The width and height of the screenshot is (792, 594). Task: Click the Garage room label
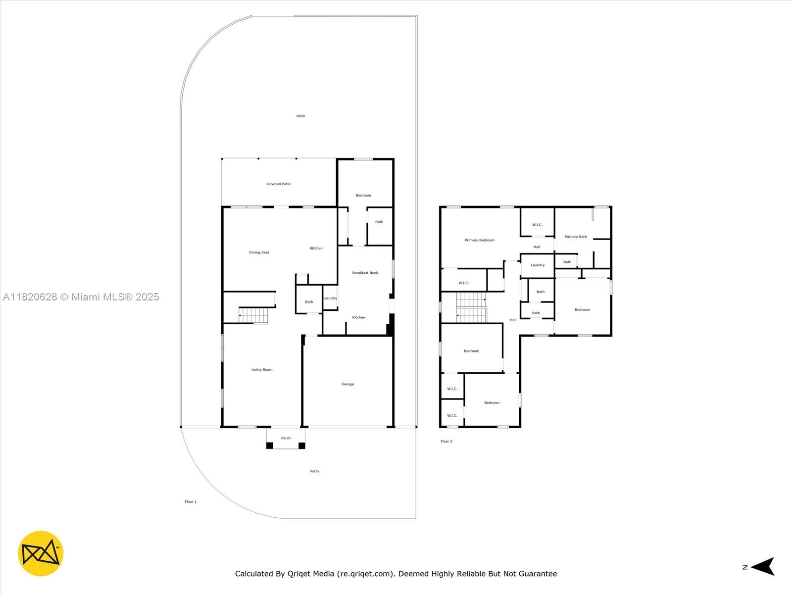(x=347, y=384)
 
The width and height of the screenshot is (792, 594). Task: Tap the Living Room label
(x=261, y=370)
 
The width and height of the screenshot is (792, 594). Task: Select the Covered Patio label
(x=279, y=184)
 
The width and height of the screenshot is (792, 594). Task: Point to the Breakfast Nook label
(x=365, y=273)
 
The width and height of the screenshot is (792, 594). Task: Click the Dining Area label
(x=259, y=252)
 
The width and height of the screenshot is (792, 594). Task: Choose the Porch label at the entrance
(x=286, y=438)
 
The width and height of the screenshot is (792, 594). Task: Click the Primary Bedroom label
(x=479, y=240)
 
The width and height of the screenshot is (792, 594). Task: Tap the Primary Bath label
(x=576, y=237)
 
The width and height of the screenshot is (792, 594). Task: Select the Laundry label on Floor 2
(x=538, y=265)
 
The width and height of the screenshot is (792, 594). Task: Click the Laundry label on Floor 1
(x=330, y=298)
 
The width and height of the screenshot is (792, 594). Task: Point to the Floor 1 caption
(x=191, y=502)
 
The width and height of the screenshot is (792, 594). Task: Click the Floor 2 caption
(x=446, y=441)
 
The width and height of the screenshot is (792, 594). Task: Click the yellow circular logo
(x=41, y=553)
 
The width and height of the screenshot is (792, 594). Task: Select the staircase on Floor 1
(x=253, y=315)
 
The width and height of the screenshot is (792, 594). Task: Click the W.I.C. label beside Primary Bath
(x=537, y=225)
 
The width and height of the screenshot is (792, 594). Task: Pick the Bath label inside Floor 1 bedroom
(x=379, y=222)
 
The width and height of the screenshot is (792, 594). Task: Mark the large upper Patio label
(x=300, y=116)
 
